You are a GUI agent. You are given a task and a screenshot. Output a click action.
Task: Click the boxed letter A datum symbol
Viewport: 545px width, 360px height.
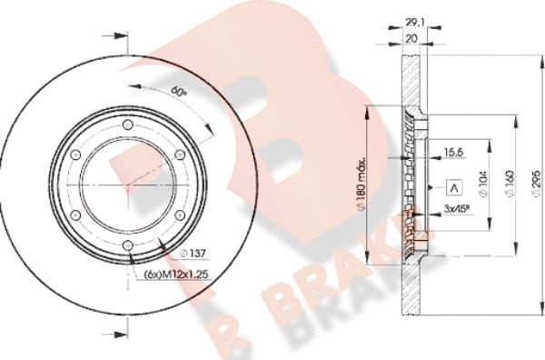point(451,187)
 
